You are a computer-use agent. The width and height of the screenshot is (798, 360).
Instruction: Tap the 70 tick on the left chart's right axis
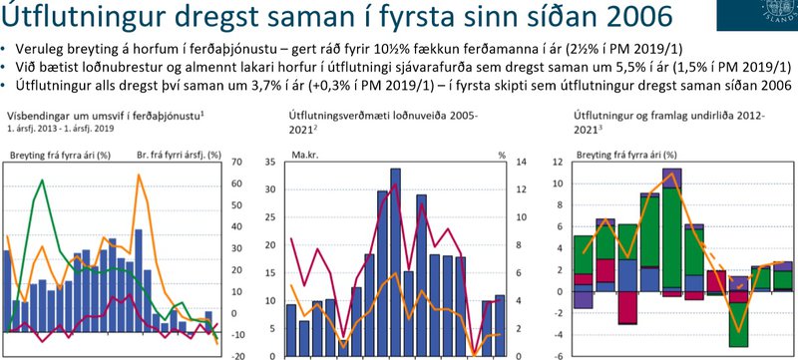pos(238,162)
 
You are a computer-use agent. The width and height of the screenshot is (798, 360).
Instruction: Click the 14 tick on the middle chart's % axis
pos(502,162)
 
